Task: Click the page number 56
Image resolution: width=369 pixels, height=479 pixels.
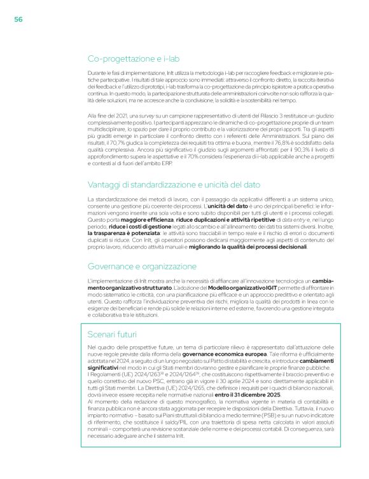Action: [19, 20]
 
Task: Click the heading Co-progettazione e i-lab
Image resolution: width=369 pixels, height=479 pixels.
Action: [131, 58]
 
